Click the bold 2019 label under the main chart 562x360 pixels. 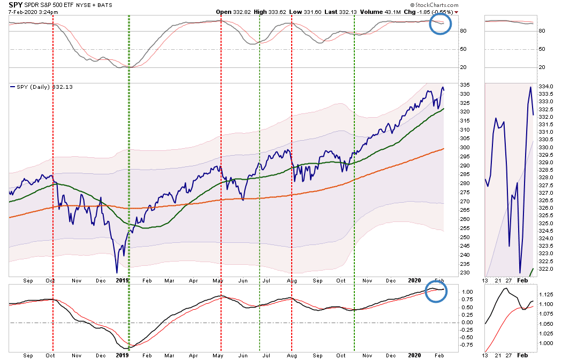[x=123, y=280]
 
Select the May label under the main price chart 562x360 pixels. [x=218, y=280]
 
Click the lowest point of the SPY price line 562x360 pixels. [x=117, y=272]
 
